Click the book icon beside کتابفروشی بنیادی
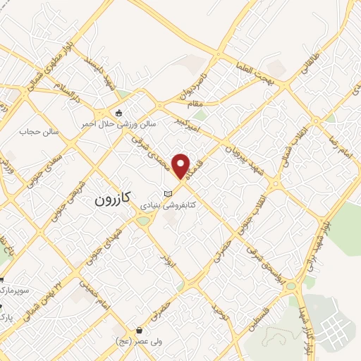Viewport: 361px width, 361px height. (x=167, y=194)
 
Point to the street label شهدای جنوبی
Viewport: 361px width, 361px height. (x=108, y=243)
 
